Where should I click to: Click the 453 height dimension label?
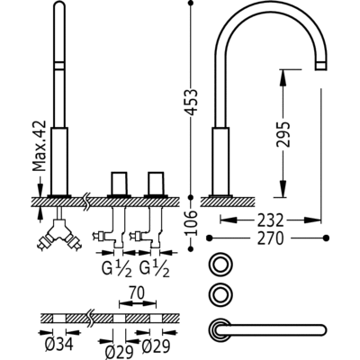(191, 102)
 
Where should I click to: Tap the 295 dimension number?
(283, 134)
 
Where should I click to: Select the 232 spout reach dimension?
(270, 221)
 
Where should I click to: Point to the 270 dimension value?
(270, 238)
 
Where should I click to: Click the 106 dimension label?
(191, 223)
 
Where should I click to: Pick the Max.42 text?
(40, 146)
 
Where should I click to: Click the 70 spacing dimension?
(138, 293)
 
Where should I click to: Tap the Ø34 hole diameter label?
(59, 345)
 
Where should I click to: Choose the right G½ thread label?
(155, 269)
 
